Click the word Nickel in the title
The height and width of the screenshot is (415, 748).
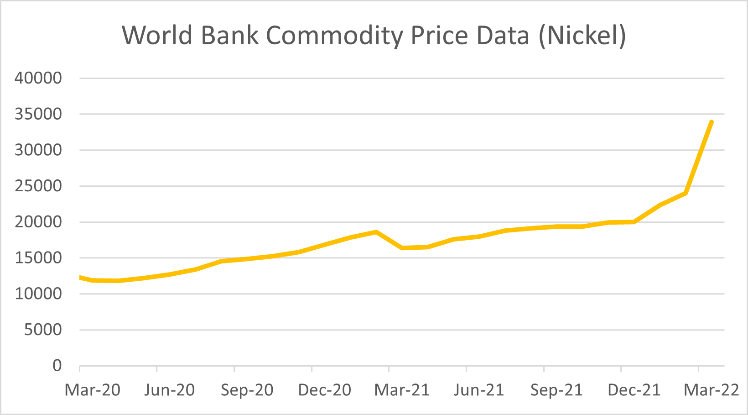click(x=582, y=36)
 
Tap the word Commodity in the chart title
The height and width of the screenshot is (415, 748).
click(x=334, y=36)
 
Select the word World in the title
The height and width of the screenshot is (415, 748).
click(x=157, y=36)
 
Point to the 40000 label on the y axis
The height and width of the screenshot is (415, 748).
click(x=38, y=78)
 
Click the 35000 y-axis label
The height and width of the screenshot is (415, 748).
click(x=38, y=114)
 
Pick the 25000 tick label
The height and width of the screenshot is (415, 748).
click(x=38, y=186)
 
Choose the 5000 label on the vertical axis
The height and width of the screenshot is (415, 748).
click(x=43, y=330)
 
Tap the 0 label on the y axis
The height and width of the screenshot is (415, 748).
click(x=57, y=366)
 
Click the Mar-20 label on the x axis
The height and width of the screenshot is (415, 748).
click(x=93, y=390)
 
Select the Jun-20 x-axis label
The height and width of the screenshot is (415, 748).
click(x=170, y=390)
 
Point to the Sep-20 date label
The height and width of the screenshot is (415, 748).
click(x=247, y=390)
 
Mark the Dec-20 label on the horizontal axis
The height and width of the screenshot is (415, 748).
click(x=324, y=390)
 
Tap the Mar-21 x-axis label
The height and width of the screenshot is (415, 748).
click(x=402, y=390)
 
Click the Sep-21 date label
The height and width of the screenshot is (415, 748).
click(x=556, y=390)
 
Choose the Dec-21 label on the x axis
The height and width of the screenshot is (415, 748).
click(x=634, y=390)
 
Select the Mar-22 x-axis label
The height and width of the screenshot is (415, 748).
click(x=712, y=390)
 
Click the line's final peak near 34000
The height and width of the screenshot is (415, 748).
click(x=711, y=122)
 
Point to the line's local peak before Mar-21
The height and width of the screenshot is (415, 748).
click(x=376, y=232)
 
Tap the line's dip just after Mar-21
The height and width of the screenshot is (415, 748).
click(x=402, y=248)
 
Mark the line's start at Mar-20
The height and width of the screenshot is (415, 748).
click(x=80, y=277)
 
